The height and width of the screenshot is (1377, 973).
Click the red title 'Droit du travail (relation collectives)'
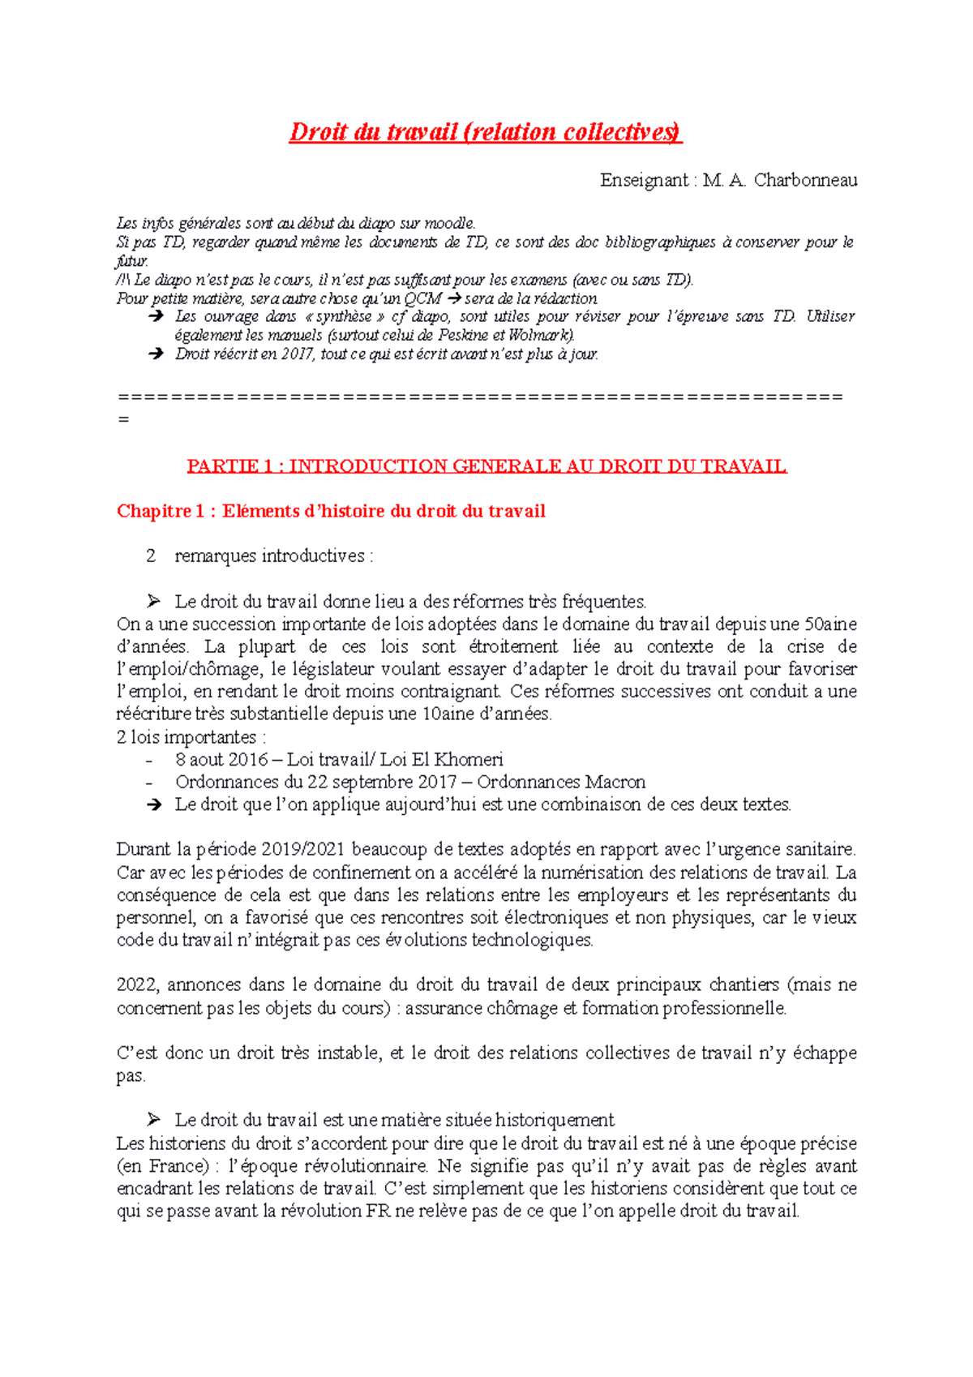tap(485, 132)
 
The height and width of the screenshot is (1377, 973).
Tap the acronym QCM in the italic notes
tap(423, 298)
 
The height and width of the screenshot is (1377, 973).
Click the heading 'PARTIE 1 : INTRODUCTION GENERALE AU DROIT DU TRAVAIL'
tap(486, 466)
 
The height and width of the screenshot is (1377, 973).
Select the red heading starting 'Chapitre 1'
tap(331, 511)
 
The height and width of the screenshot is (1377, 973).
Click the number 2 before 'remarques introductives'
tap(151, 556)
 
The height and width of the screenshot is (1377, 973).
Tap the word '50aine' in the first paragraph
tap(829, 624)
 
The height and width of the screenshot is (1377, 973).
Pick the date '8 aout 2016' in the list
tap(221, 760)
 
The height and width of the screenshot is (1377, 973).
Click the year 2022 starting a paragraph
tap(139, 985)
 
